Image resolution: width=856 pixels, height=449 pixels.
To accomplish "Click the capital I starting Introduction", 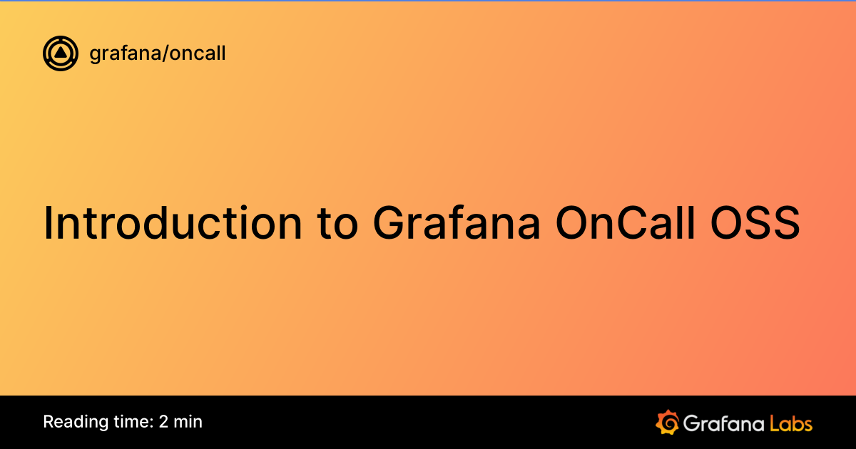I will [x=49, y=222].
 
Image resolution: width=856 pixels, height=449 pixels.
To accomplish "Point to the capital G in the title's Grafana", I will [x=389, y=224].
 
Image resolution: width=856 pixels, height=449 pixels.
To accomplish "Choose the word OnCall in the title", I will [x=628, y=224].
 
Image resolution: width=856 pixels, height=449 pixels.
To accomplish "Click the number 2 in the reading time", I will [x=164, y=422].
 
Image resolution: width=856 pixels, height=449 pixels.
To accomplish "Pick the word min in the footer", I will [x=188, y=422].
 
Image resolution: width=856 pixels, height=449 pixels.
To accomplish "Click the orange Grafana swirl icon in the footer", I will [x=667, y=422].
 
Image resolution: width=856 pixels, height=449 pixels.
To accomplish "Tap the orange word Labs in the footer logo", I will [x=790, y=423].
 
